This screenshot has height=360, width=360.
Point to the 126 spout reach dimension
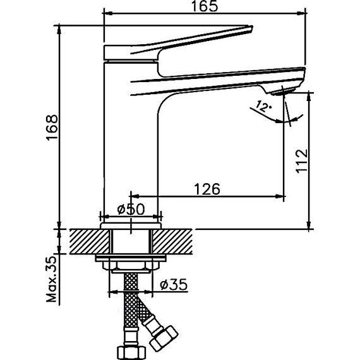point(206,188)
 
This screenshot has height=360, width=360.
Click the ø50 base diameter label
point(131,210)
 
